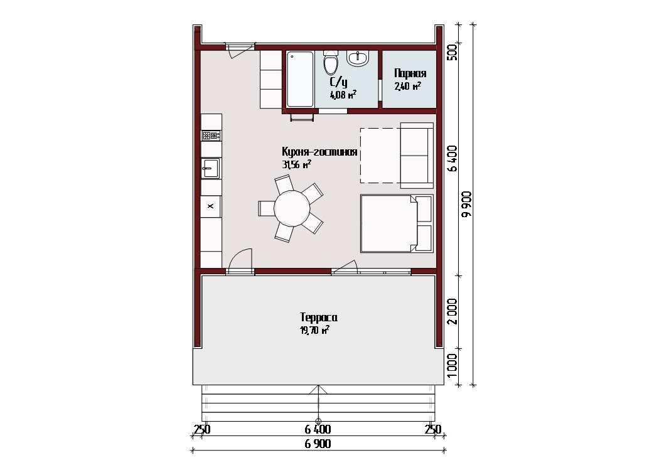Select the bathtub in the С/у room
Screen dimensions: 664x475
coord(300,78)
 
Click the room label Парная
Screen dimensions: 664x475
coord(410,73)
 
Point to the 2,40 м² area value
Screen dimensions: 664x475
coord(407,87)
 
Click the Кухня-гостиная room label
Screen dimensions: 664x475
coord(319,152)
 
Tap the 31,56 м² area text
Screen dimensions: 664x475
coord(296,164)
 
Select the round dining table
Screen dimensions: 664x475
coord(292,208)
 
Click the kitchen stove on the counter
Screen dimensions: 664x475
coord(211,136)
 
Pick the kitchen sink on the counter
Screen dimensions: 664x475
coord(210,168)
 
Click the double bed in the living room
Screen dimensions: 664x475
coord(397,223)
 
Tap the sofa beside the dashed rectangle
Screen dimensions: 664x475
coord(417,156)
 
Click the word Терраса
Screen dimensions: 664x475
coord(318,317)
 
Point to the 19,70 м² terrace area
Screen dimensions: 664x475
coord(314,330)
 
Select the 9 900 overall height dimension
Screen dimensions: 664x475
coord(467,204)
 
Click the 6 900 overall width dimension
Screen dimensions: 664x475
coord(318,444)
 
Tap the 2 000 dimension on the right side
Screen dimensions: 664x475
coord(452,311)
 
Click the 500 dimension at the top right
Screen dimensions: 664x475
coord(452,53)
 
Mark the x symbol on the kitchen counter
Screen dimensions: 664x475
coord(210,206)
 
